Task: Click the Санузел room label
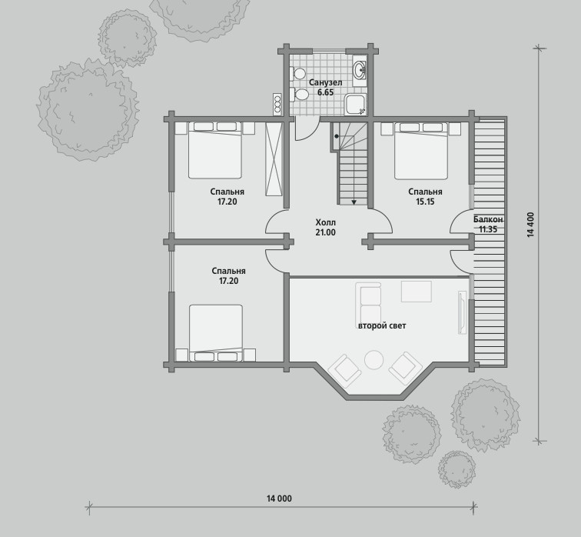point(325,82)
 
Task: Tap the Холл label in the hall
point(325,222)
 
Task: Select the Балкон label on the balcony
point(488,219)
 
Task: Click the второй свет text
point(382,325)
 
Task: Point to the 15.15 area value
point(425,202)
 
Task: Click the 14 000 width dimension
point(279,499)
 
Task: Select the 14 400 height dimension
point(531,225)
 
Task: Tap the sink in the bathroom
point(360,70)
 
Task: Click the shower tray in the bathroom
point(355,104)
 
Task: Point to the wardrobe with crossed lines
point(274,159)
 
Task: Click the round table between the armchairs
point(373,360)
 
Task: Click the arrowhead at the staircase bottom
point(354,202)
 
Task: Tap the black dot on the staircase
point(337,136)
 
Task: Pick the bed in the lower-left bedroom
point(216,332)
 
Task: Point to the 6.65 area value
point(325,92)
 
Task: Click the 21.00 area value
point(325,232)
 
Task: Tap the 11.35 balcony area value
point(488,229)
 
